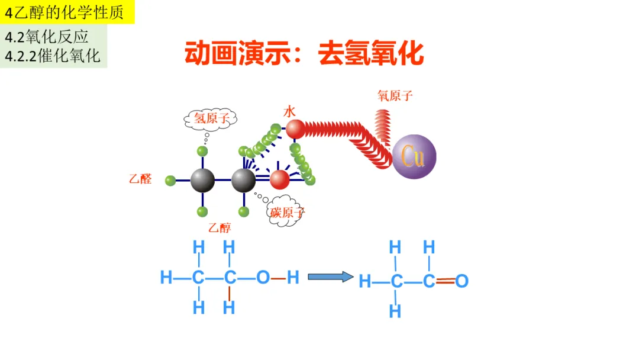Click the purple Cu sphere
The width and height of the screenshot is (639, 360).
414,156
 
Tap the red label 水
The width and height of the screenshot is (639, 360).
289,111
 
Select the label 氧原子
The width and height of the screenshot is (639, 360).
395,95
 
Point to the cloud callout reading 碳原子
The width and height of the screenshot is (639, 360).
287,211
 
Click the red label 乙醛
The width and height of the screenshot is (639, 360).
140,179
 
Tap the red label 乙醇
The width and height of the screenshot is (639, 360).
220,228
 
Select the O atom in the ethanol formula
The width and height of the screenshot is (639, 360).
263,277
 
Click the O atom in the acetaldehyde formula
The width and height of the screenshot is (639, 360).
462,281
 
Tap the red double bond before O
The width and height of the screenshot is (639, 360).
446,281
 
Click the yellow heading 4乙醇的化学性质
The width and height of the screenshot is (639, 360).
64,12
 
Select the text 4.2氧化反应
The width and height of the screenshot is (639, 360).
47,37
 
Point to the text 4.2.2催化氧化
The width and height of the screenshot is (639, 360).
53,56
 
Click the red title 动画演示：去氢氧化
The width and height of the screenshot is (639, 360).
304,53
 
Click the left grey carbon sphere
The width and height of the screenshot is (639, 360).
202,180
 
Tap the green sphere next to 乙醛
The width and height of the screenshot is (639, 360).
170,180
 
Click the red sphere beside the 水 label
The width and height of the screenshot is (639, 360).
295,128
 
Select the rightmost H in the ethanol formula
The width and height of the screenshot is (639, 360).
293,277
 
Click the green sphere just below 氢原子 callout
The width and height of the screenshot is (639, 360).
203,151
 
